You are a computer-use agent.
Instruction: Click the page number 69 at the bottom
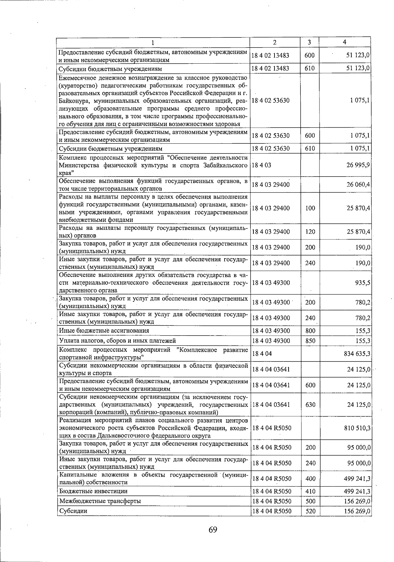pos(213,530)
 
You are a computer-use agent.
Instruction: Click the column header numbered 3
pos(310,42)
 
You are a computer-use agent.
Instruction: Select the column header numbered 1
pos(153,42)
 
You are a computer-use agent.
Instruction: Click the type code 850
pos(310,341)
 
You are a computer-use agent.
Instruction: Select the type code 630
pos(310,405)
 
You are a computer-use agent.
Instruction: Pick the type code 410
pos(310,491)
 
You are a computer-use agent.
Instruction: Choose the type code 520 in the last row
pos(310,511)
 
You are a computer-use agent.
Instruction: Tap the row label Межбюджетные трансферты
pos(100,501)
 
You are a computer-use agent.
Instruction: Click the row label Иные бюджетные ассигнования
pos(104,331)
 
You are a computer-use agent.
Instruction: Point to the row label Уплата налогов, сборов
pos(117,341)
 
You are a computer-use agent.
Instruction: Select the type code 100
pos(310,208)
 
